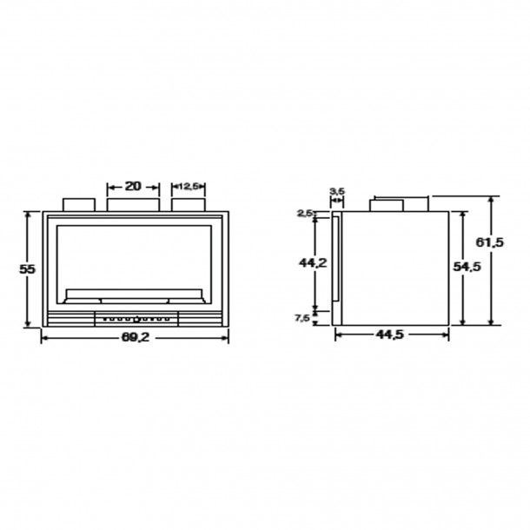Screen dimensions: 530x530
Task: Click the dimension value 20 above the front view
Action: (x=133, y=186)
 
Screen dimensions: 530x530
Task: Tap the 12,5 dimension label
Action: (x=189, y=186)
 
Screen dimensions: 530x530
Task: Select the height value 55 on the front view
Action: (x=27, y=269)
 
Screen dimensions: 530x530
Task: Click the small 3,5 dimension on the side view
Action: (x=336, y=190)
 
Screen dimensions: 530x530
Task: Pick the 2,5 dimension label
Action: (x=304, y=213)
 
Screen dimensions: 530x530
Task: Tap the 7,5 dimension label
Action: (x=302, y=318)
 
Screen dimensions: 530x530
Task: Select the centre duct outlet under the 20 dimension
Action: (x=133, y=203)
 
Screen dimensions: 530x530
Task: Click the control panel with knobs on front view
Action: (x=136, y=319)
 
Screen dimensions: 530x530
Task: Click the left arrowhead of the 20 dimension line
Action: (x=109, y=186)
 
